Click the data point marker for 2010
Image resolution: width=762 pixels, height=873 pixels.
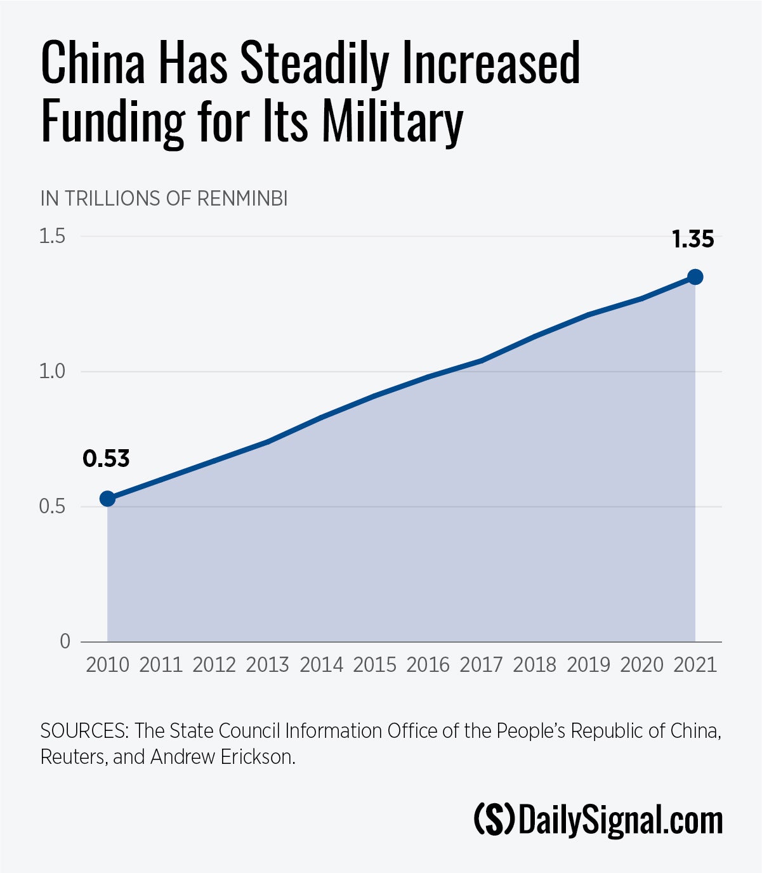107,498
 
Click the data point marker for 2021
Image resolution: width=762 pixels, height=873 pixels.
695,277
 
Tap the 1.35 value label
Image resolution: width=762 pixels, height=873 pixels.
693,240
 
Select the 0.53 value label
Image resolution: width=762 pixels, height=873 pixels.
106,459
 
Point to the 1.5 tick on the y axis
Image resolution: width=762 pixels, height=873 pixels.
53,236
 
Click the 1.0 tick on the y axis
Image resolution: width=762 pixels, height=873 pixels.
53,371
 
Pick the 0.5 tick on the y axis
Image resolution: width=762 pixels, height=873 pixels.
53,506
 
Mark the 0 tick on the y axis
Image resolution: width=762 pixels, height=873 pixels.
65,641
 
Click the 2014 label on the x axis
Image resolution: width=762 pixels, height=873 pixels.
321,665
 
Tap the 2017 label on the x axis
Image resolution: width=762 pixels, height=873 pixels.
481,665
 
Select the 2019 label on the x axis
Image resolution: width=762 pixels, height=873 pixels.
588,665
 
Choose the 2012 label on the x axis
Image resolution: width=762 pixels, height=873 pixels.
214,665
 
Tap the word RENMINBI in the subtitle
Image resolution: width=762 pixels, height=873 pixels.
242,199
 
